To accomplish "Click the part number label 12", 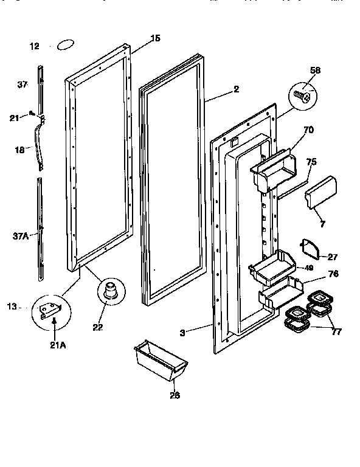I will [34, 46].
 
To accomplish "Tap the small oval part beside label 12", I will [65, 44].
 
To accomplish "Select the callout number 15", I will [155, 38].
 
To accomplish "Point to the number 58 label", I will [314, 71].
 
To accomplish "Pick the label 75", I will [311, 162].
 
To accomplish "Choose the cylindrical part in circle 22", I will [110, 291].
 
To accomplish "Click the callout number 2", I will [236, 89].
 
